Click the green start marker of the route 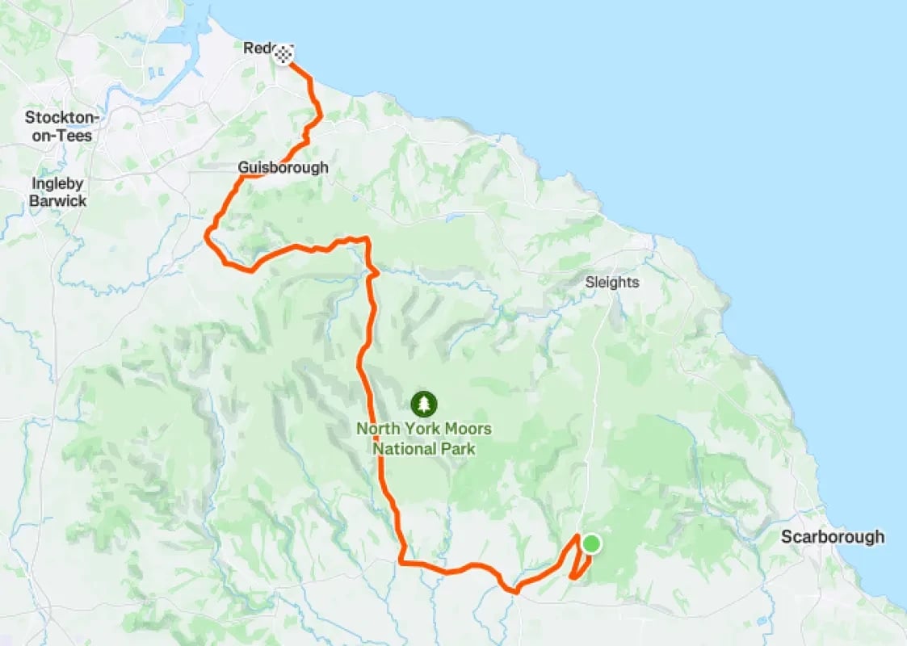(x=591, y=543)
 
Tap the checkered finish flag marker (x=283, y=55)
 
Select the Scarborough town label (x=832, y=537)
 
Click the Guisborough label (x=283, y=168)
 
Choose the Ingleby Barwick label (x=57, y=192)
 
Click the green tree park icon (x=423, y=403)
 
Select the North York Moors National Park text (x=424, y=438)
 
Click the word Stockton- (x=62, y=118)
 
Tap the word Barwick (x=57, y=201)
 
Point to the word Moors (x=468, y=429)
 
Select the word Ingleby (x=57, y=183)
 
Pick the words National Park (x=424, y=449)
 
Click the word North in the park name (x=376, y=429)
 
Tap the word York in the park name (x=419, y=429)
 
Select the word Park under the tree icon (x=460, y=449)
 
